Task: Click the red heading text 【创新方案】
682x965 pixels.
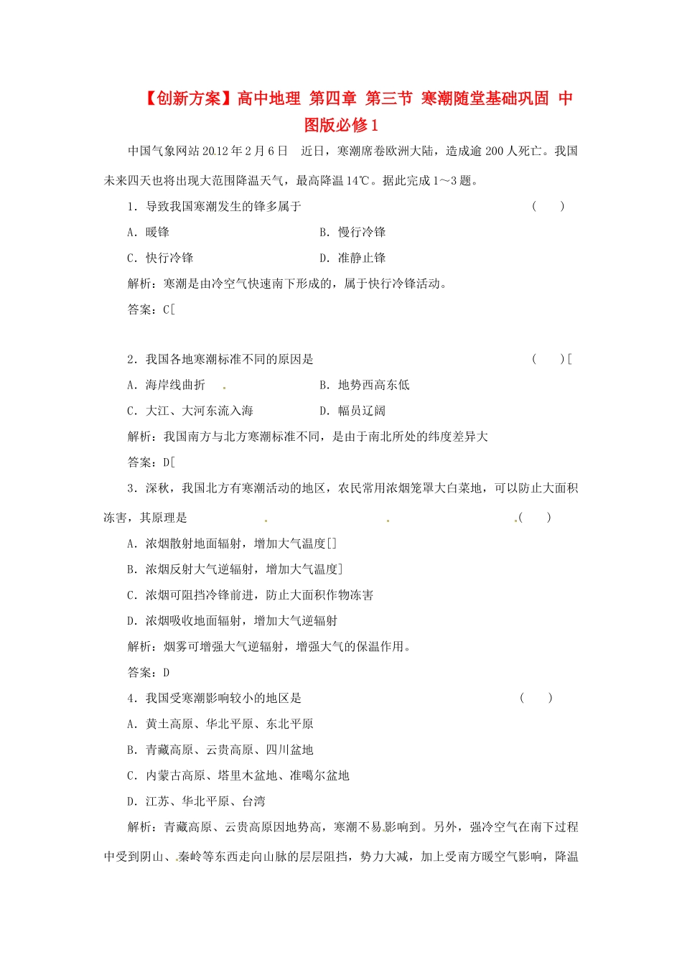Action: pyautogui.click(x=190, y=99)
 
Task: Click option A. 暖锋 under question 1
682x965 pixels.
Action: pyautogui.click(x=149, y=233)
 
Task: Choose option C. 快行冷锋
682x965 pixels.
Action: pyautogui.click(x=160, y=258)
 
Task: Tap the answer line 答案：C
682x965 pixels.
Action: pyautogui.click(x=151, y=310)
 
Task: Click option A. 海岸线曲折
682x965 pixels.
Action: pyautogui.click(x=167, y=386)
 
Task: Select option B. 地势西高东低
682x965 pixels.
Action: pyautogui.click(x=365, y=386)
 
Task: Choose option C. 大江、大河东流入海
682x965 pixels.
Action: pyautogui.click(x=190, y=411)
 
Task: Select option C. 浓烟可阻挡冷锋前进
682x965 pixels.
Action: pyautogui.click(x=250, y=596)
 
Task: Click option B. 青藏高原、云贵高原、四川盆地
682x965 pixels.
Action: pyautogui.click(x=220, y=750)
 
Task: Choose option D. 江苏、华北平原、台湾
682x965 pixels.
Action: pyautogui.click(x=196, y=802)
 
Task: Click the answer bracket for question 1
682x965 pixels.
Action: pyautogui.click(x=548, y=207)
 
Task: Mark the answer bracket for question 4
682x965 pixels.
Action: pyautogui.click(x=536, y=699)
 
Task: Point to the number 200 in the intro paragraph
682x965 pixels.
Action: pyautogui.click(x=495, y=151)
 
